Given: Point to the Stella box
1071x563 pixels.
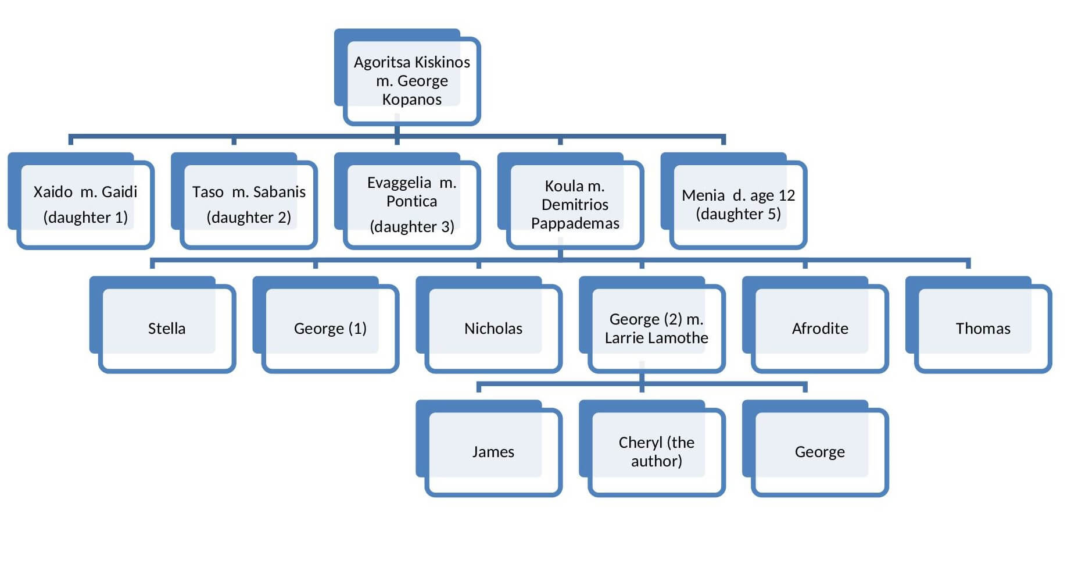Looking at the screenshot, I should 167,329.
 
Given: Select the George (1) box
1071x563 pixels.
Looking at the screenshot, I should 330,329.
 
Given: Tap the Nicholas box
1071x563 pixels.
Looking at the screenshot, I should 493,329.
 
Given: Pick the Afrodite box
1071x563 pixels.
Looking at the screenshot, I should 820,329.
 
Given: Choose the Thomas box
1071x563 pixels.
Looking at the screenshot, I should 983,329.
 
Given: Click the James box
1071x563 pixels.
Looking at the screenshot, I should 493,452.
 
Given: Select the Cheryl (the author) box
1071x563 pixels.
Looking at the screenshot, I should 656,452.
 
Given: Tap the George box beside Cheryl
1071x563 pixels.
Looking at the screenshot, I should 820,452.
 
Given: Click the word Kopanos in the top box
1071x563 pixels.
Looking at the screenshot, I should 411,99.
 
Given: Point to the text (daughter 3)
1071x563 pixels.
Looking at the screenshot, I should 412,226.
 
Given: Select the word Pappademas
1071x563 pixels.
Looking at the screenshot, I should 575,223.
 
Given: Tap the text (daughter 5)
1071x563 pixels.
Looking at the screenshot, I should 738,214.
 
